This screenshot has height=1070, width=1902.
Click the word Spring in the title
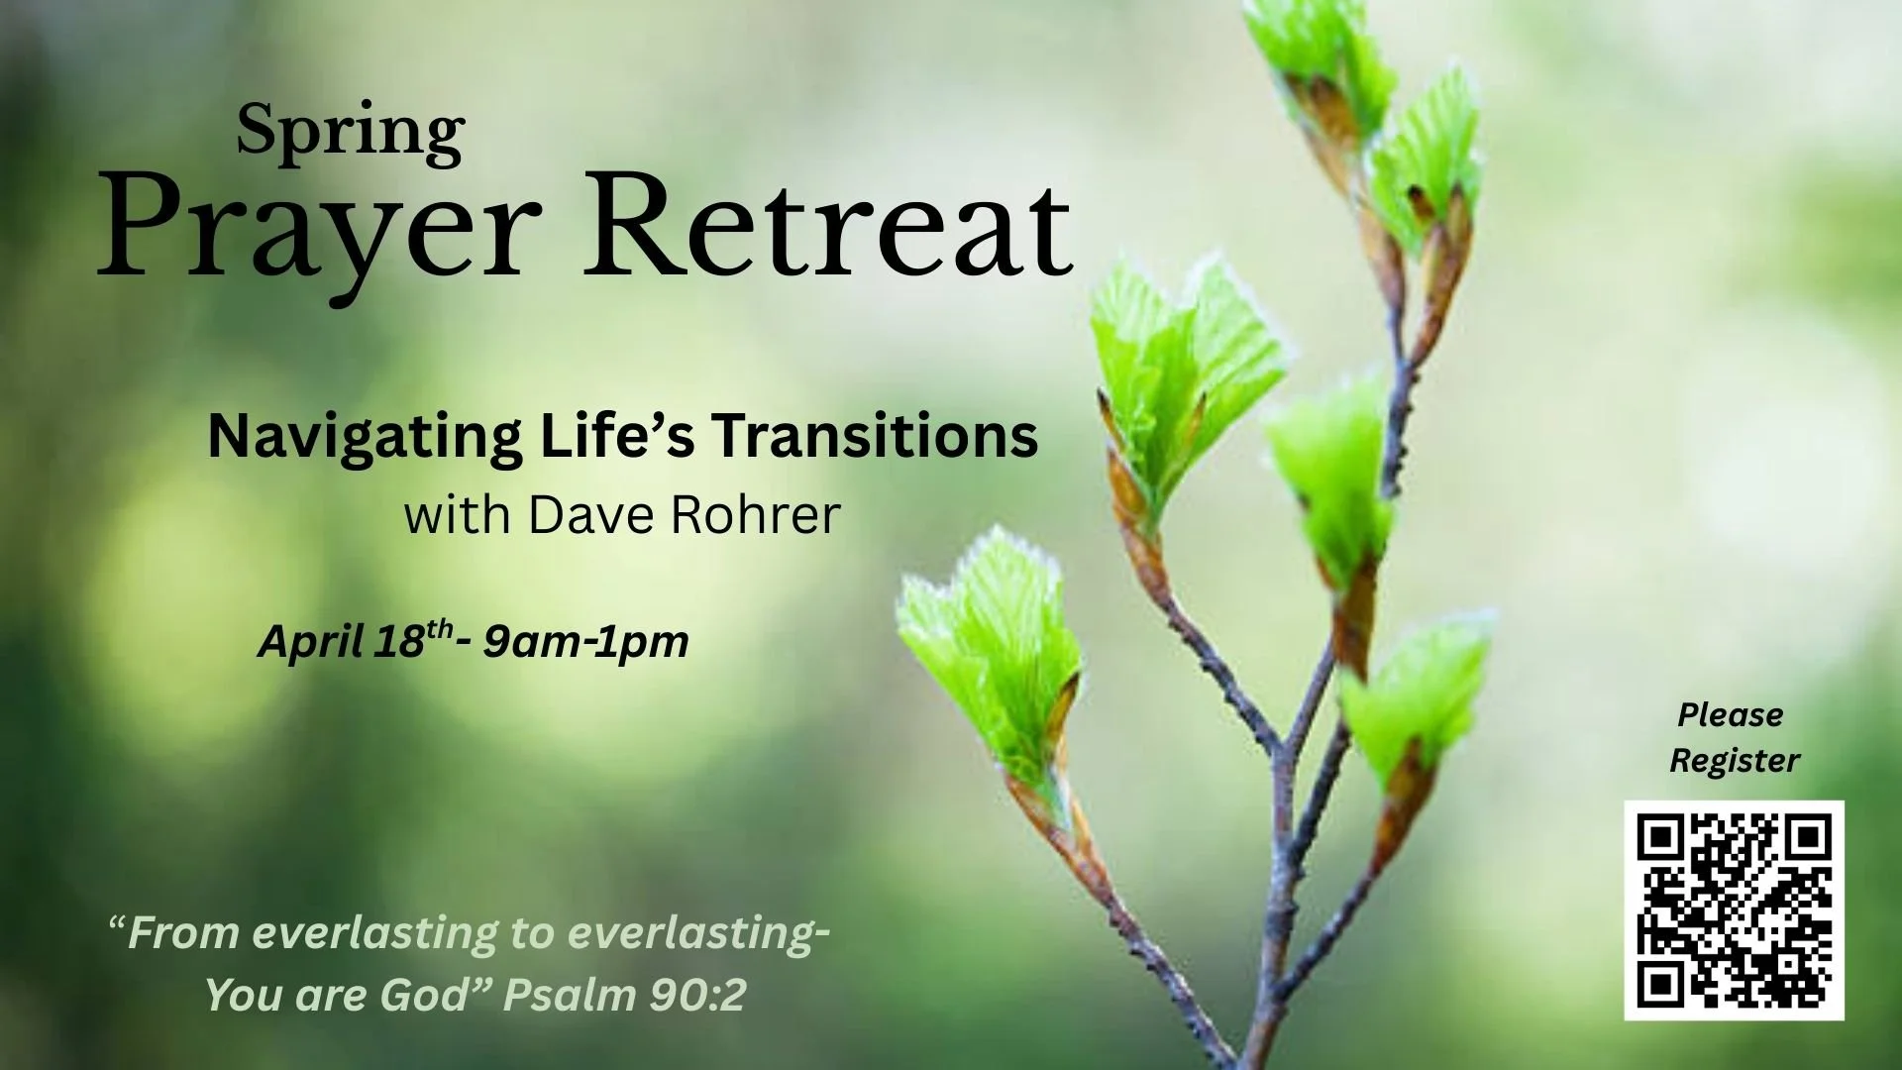click(x=351, y=133)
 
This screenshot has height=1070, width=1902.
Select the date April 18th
click(x=356, y=641)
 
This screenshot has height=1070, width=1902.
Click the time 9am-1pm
click(x=585, y=642)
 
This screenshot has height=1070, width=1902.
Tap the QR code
click(x=1734, y=909)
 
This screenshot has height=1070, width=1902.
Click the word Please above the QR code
click(x=1730, y=715)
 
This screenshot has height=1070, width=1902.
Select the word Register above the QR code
click(x=1734, y=761)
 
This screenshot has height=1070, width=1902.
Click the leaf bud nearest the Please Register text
click(x=1417, y=694)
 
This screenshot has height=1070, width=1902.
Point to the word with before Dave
click(x=457, y=514)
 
